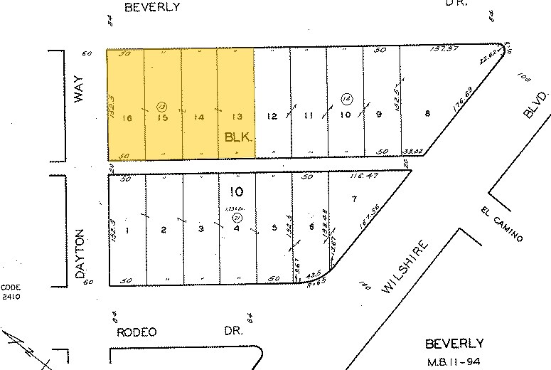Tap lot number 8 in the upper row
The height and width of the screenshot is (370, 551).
[x=426, y=113]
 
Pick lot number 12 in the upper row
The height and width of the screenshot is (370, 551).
[x=271, y=116]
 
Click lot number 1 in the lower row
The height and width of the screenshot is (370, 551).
[x=127, y=229]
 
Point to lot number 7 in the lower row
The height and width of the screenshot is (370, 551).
[x=353, y=198]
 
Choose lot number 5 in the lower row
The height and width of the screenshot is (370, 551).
[x=274, y=228]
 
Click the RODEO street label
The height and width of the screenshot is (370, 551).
[x=136, y=332]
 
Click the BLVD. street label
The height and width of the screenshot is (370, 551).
[x=538, y=104]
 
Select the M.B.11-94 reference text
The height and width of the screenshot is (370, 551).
[x=454, y=361]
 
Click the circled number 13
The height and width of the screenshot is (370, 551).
[x=161, y=105]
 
